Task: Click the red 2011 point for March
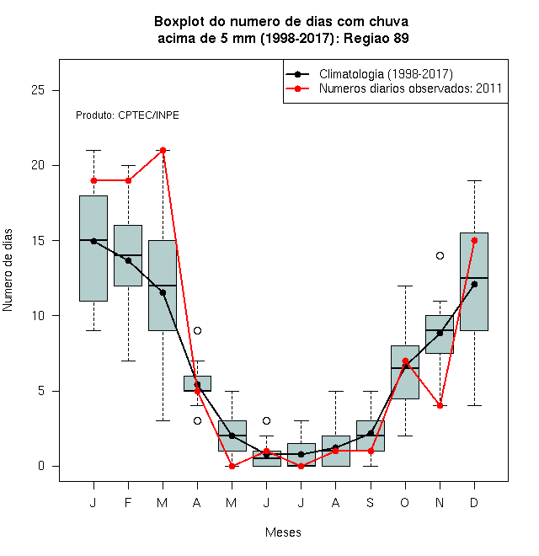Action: point(163,150)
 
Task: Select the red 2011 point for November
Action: point(440,405)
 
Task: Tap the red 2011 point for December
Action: point(474,240)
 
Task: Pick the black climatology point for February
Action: point(128,260)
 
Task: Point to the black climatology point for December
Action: point(474,284)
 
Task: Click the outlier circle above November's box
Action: point(440,255)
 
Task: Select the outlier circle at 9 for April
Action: point(198,330)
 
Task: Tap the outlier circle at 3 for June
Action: point(267,420)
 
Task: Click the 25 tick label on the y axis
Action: point(38,90)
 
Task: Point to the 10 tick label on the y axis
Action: point(38,316)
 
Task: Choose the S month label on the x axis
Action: point(371,502)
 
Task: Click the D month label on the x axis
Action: point(474,502)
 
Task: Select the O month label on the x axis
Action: point(404,502)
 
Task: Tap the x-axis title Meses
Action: point(283,532)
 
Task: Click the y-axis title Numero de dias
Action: point(8,270)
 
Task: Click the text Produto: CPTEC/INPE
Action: point(127,115)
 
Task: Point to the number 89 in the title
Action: point(401,38)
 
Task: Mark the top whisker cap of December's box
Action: point(474,180)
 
